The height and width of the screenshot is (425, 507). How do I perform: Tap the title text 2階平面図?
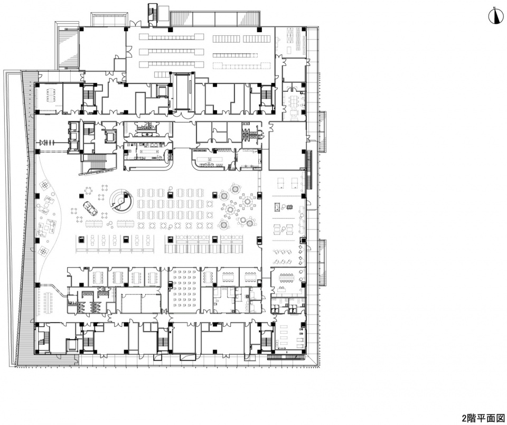point(483,418)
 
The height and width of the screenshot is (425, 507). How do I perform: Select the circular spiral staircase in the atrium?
point(120,201)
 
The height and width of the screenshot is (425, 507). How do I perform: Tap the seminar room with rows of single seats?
point(185,290)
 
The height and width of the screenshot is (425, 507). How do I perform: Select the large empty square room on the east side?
point(287,146)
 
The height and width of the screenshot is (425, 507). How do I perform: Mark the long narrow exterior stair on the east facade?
point(309,171)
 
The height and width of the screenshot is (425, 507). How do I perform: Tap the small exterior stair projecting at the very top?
point(152,12)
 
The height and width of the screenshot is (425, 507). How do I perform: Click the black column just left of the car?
point(81,195)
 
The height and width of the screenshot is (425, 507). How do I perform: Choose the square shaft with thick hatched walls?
point(109,136)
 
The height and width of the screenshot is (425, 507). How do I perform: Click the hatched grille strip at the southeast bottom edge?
point(286,357)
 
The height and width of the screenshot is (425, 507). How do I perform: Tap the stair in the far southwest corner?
point(43,339)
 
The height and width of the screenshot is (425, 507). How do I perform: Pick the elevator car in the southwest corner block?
point(72,345)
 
